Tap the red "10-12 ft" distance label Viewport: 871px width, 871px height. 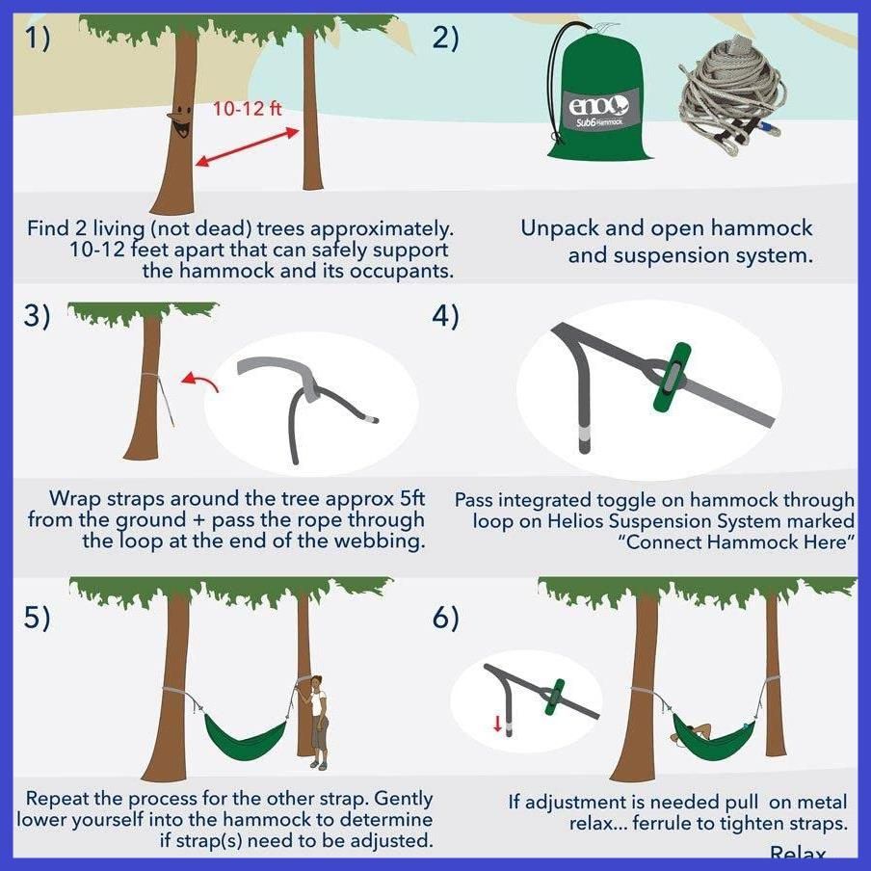[x=247, y=108]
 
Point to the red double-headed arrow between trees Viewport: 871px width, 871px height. [x=248, y=147]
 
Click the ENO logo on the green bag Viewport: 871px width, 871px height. [x=599, y=105]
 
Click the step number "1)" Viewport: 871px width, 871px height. [x=38, y=39]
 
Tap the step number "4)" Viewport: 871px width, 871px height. [x=445, y=316]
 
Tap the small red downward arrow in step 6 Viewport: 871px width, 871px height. [x=498, y=724]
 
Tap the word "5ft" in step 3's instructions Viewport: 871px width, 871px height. [x=412, y=498]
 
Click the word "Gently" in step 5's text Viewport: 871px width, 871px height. [x=404, y=799]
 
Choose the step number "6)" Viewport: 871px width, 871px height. [x=445, y=618]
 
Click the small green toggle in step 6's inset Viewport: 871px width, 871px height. [x=554, y=698]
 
